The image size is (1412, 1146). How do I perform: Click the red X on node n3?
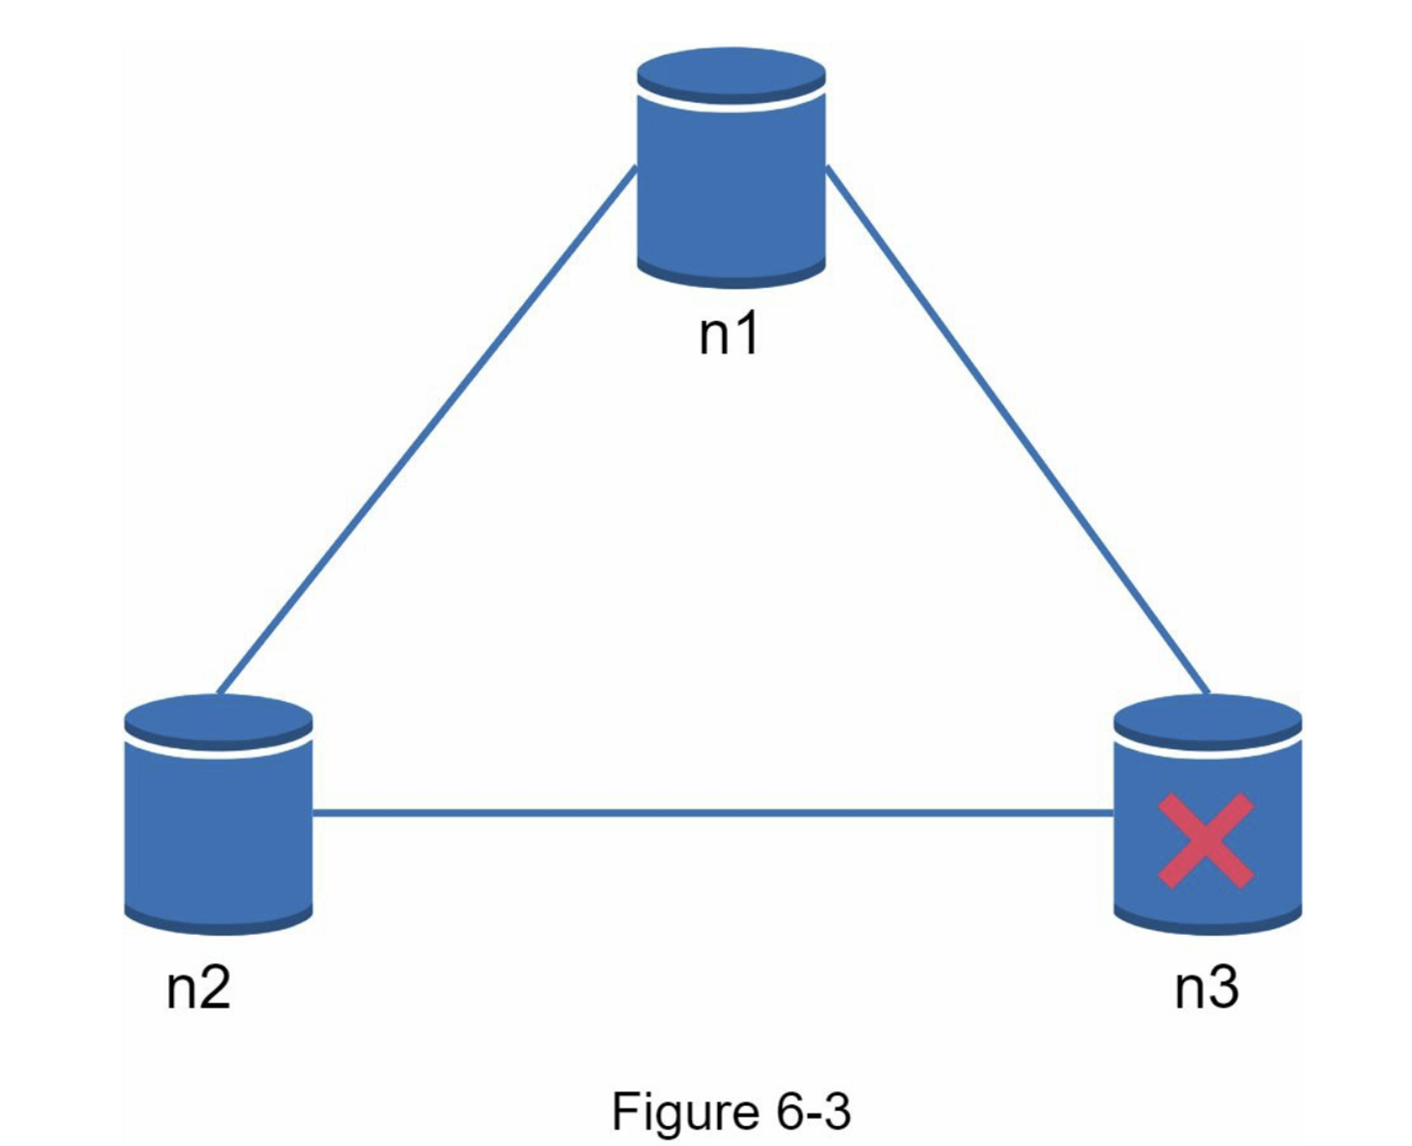[x=1206, y=840]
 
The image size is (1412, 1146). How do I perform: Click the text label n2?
[x=198, y=988]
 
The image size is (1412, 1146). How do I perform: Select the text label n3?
[x=1206, y=988]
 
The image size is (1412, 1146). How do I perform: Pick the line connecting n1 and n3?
[x=1017, y=431]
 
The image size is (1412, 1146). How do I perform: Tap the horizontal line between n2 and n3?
[x=713, y=813]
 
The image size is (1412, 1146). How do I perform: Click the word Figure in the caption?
[x=684, y=1112]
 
